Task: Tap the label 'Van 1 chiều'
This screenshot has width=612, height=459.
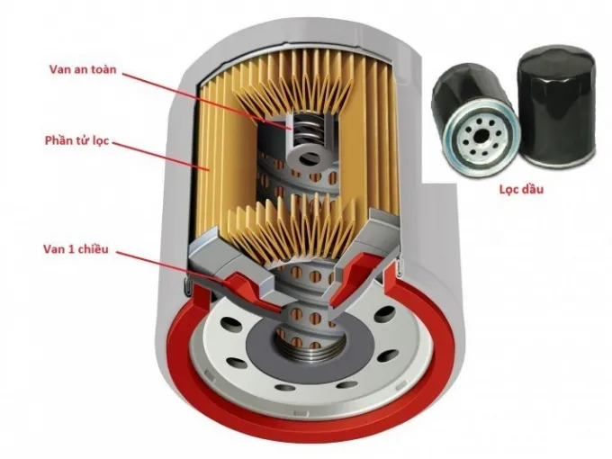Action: point(81,247)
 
